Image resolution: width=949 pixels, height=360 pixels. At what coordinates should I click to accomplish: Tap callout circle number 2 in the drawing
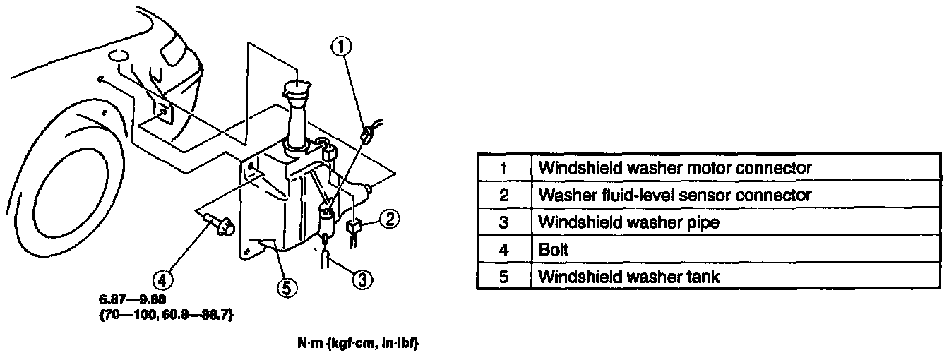click(391, 220)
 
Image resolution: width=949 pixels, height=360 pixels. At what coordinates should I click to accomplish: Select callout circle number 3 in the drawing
click(362, 280)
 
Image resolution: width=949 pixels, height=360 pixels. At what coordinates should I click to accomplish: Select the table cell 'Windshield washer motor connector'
click(674, 168)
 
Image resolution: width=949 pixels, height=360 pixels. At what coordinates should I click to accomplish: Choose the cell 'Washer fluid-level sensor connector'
click(674, 195)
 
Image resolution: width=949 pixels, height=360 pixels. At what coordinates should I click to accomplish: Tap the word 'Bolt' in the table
click(554, 249)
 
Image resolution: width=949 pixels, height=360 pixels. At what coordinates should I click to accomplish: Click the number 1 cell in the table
click(503, 168)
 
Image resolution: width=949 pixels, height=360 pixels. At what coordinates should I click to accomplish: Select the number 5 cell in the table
click(503, 277)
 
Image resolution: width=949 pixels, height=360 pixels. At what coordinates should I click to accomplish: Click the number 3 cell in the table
click(503, 222)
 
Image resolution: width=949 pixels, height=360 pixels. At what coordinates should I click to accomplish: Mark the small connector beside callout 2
click(356, 226)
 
